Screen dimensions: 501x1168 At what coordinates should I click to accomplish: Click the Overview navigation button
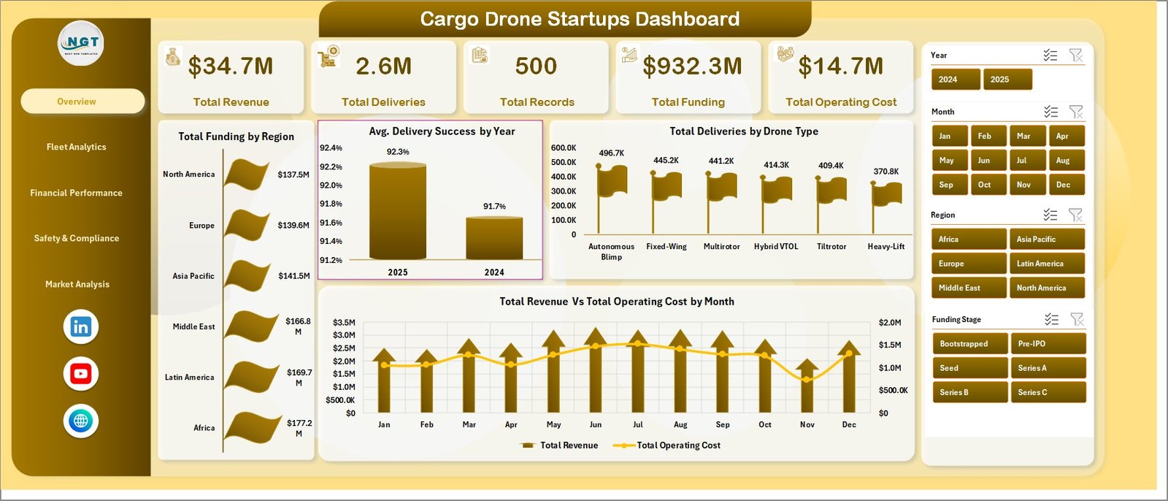[82, 102]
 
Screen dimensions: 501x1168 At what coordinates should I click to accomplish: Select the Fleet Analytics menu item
[77, 147]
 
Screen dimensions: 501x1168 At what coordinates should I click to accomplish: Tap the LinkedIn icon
[80, 326]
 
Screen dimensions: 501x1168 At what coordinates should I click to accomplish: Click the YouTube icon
[80, 374]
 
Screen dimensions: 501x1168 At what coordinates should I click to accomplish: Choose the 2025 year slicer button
[1007, 80]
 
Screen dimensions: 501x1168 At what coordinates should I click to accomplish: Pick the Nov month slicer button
[1023, 185]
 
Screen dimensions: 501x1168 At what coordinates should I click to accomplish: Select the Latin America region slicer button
[1046, 264]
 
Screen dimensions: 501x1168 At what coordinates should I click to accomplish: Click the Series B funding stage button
[968, 392]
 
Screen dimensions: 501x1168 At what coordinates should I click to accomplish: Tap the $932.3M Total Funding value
[692, 66]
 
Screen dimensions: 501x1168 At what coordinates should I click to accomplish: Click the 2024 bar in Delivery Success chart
[494, 237]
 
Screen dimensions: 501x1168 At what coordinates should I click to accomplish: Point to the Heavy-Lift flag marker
[887, 194]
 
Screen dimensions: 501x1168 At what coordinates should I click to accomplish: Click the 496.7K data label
[611, 153]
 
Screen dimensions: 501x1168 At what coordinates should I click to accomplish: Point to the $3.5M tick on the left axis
[343, 322]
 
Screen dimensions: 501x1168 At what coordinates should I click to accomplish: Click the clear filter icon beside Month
[1075, 112]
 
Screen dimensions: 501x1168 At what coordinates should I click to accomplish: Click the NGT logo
[81, 44]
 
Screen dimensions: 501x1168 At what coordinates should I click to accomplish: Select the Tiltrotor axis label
[831, 247]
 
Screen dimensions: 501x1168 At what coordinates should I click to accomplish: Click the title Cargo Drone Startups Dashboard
[580, 19]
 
